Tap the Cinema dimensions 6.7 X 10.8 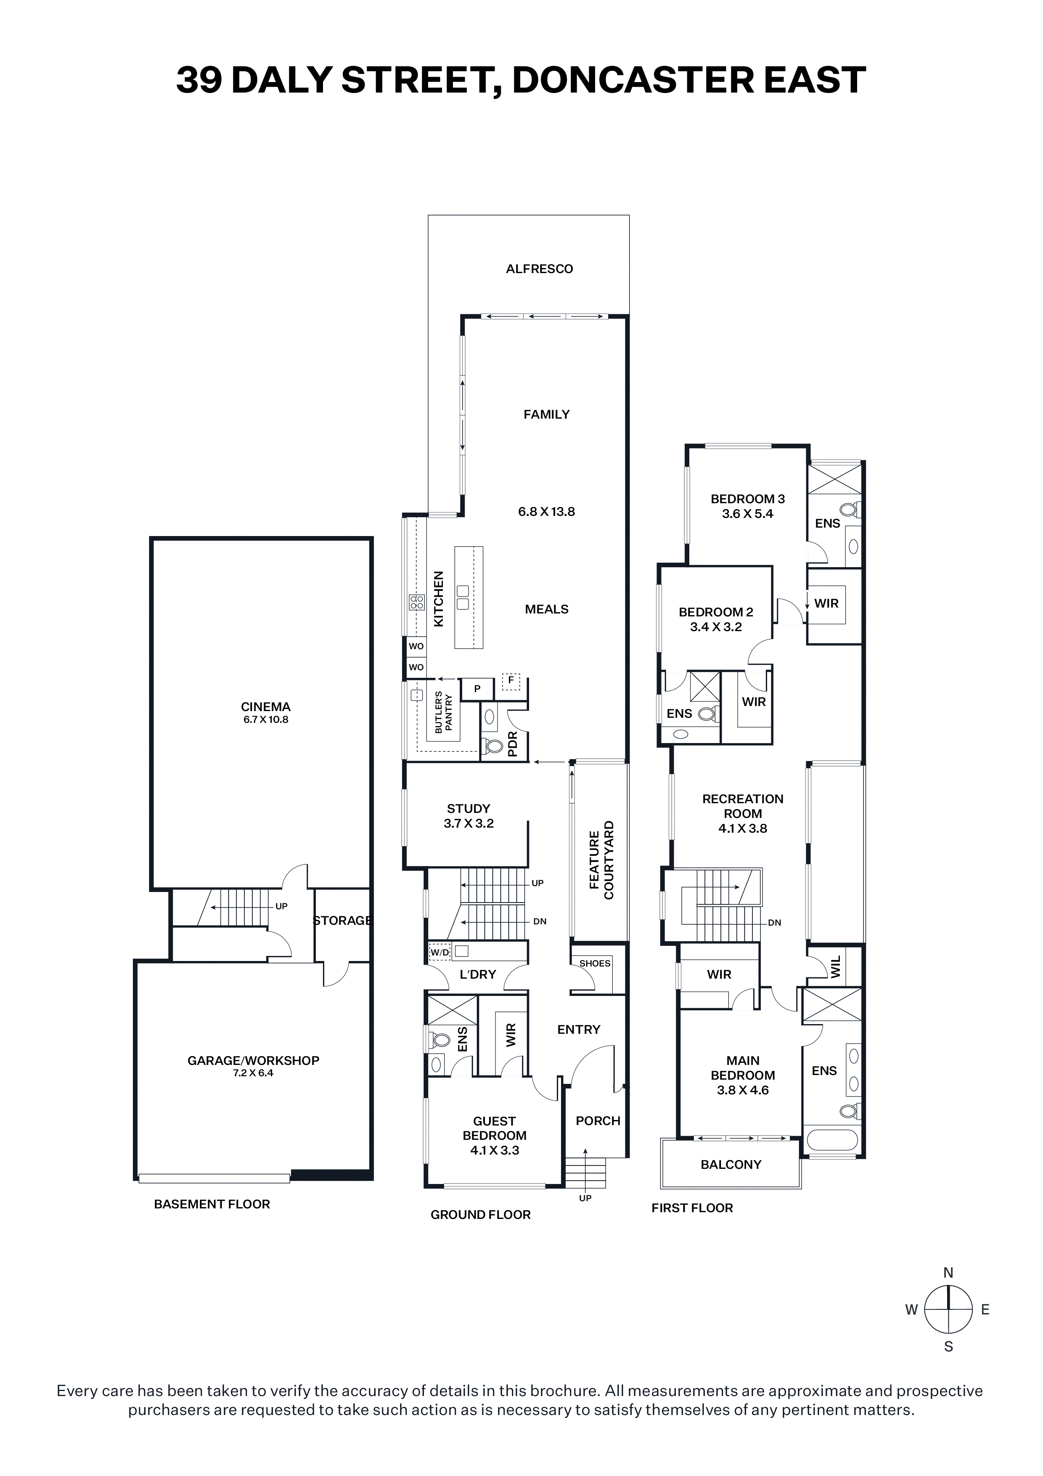pos(265,719)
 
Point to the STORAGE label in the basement pos(342,921)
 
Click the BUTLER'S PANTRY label pos(444,712)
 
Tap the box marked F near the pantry pos(511,680)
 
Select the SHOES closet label pos(594,963)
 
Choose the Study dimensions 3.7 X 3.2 pos(469,823)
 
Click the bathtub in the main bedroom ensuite pos(831,1141)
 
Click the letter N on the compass pos(948,1273)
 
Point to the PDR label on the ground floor pos(513,744)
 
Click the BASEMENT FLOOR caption pos(212,1204)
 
